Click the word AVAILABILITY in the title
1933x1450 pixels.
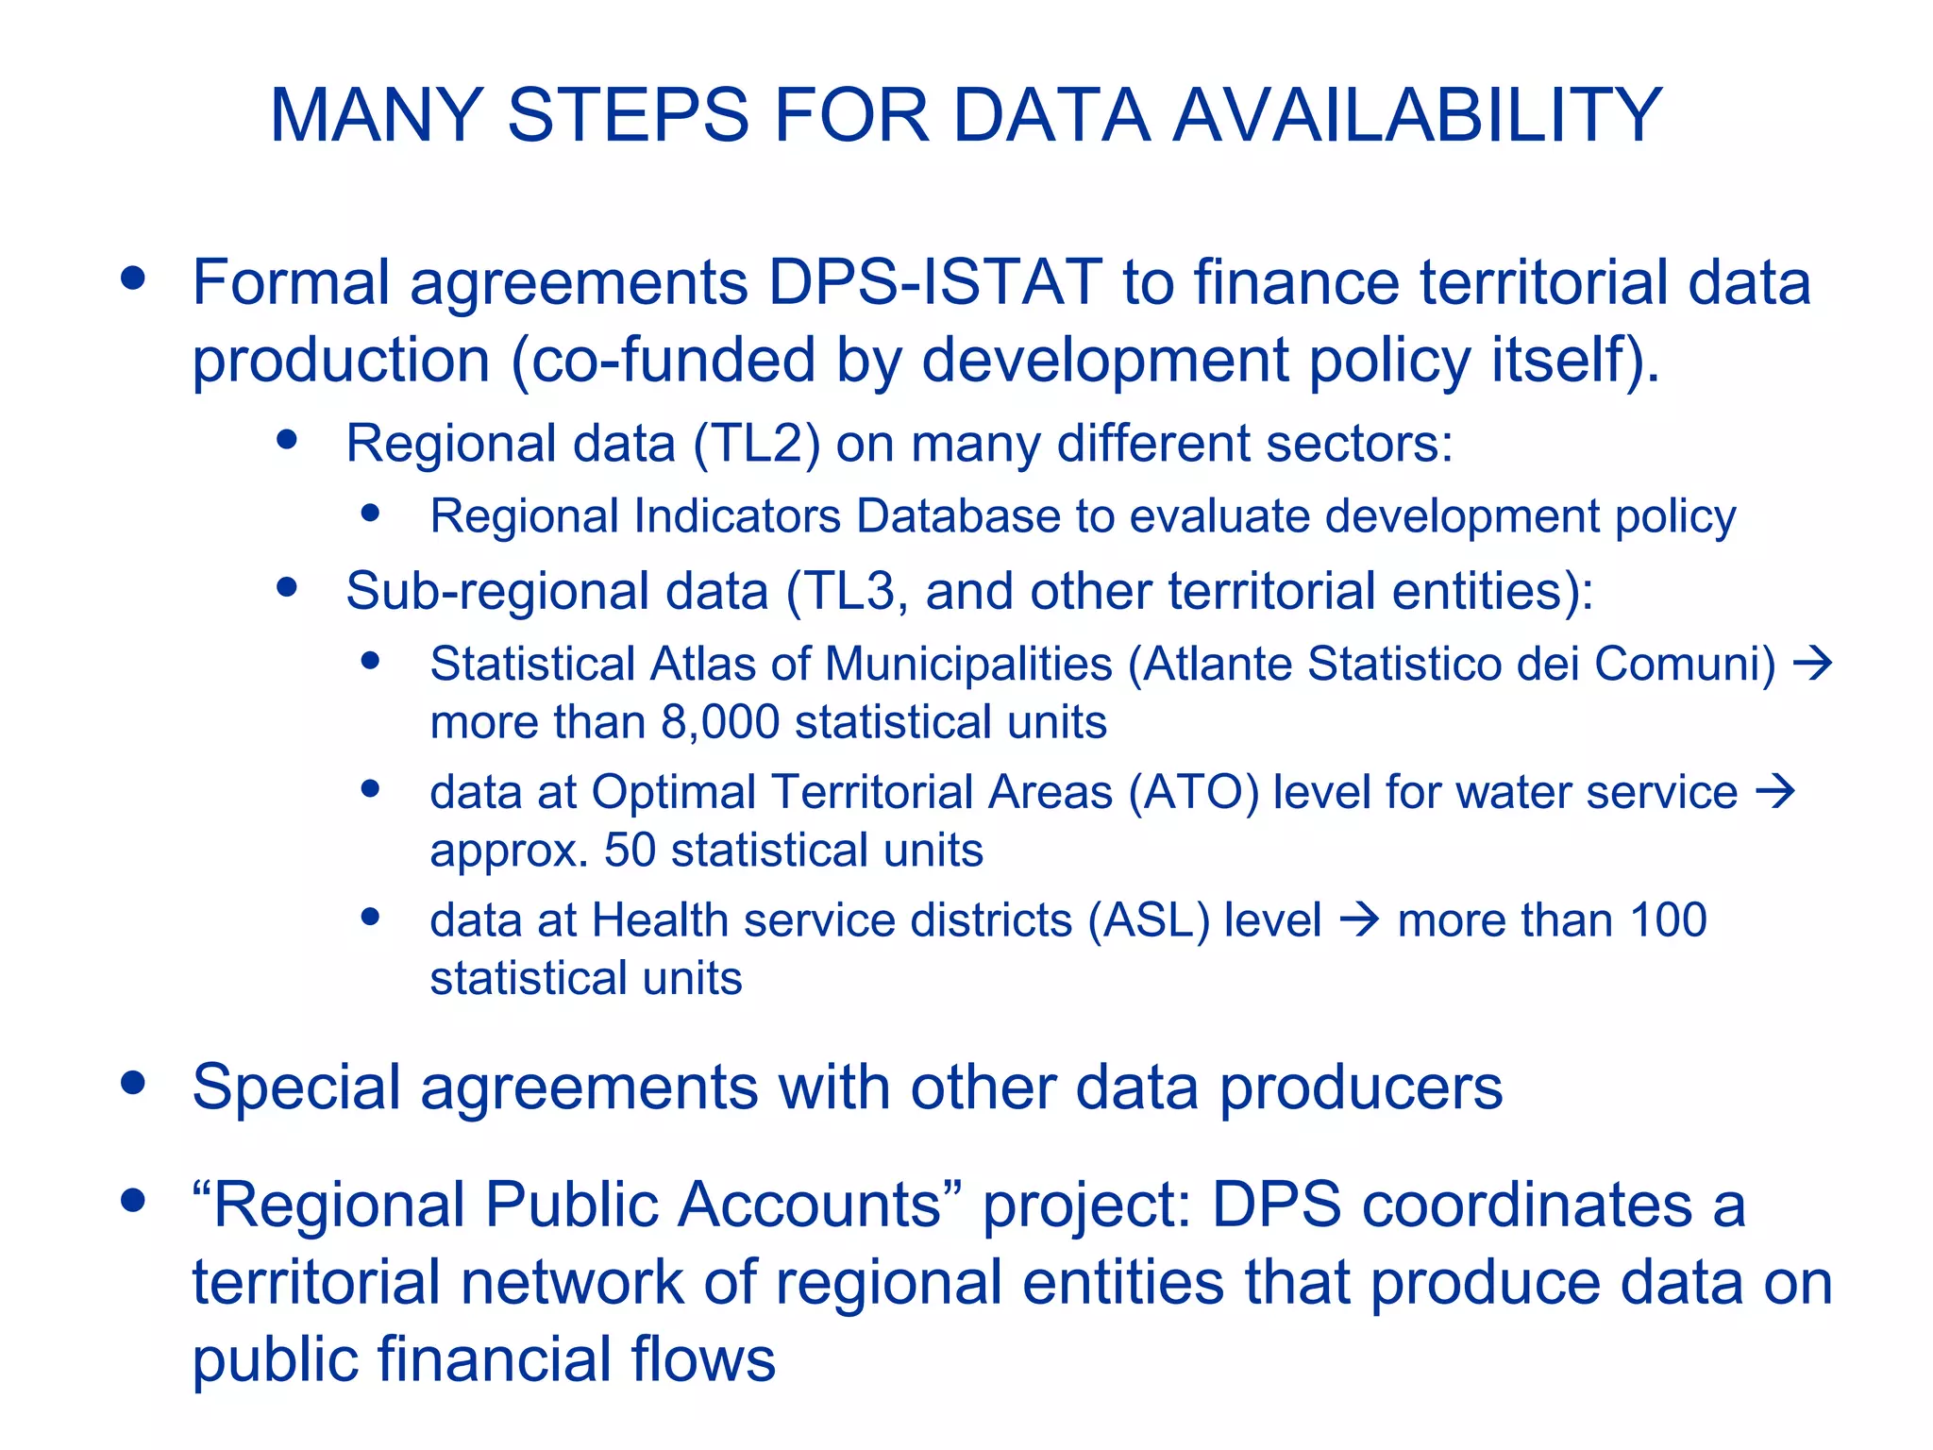click(1416, 115)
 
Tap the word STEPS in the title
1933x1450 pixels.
click(628, 115)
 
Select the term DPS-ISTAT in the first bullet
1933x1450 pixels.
click(934, 282)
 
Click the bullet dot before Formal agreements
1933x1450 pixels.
click(133, 278)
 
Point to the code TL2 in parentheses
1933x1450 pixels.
click(756, 444)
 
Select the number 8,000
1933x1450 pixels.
click(720, 722)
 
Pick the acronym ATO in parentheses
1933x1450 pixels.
click(1193, 792)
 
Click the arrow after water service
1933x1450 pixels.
click(1774, 791)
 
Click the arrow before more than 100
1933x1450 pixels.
click(1360, 919)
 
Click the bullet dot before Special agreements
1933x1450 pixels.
click(133, 1084)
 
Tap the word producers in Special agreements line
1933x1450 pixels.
click(1361, 1088)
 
